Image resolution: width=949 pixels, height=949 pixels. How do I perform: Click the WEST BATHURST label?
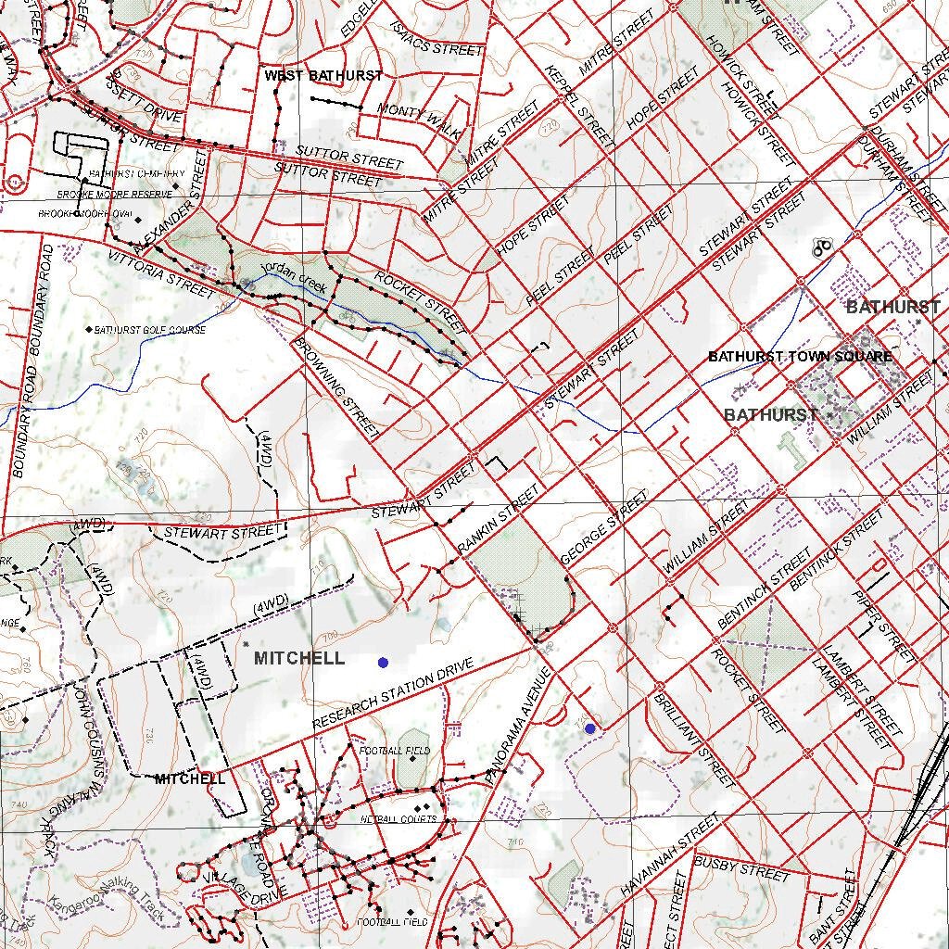323,75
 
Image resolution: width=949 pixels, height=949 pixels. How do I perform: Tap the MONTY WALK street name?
419,120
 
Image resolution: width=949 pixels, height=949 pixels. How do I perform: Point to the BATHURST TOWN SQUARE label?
800,357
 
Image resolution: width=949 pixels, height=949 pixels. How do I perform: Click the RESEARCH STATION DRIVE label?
393,693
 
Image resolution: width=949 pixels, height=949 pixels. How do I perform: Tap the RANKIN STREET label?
499,523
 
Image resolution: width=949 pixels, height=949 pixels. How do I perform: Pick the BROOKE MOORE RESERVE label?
115,195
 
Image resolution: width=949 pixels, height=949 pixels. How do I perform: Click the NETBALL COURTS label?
399,820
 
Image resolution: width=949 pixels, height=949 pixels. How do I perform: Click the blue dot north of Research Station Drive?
383,663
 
